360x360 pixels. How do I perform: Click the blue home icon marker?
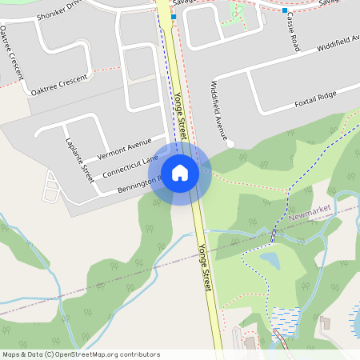[180, 172]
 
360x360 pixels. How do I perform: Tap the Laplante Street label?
[79, 158]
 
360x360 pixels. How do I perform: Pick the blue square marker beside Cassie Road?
[285, 10]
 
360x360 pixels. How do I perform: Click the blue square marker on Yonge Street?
[173, 16]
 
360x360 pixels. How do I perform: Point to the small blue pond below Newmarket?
[270, 260]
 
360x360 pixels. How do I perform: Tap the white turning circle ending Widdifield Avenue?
[230, 145]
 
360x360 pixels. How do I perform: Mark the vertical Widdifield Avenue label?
[218, 107]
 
